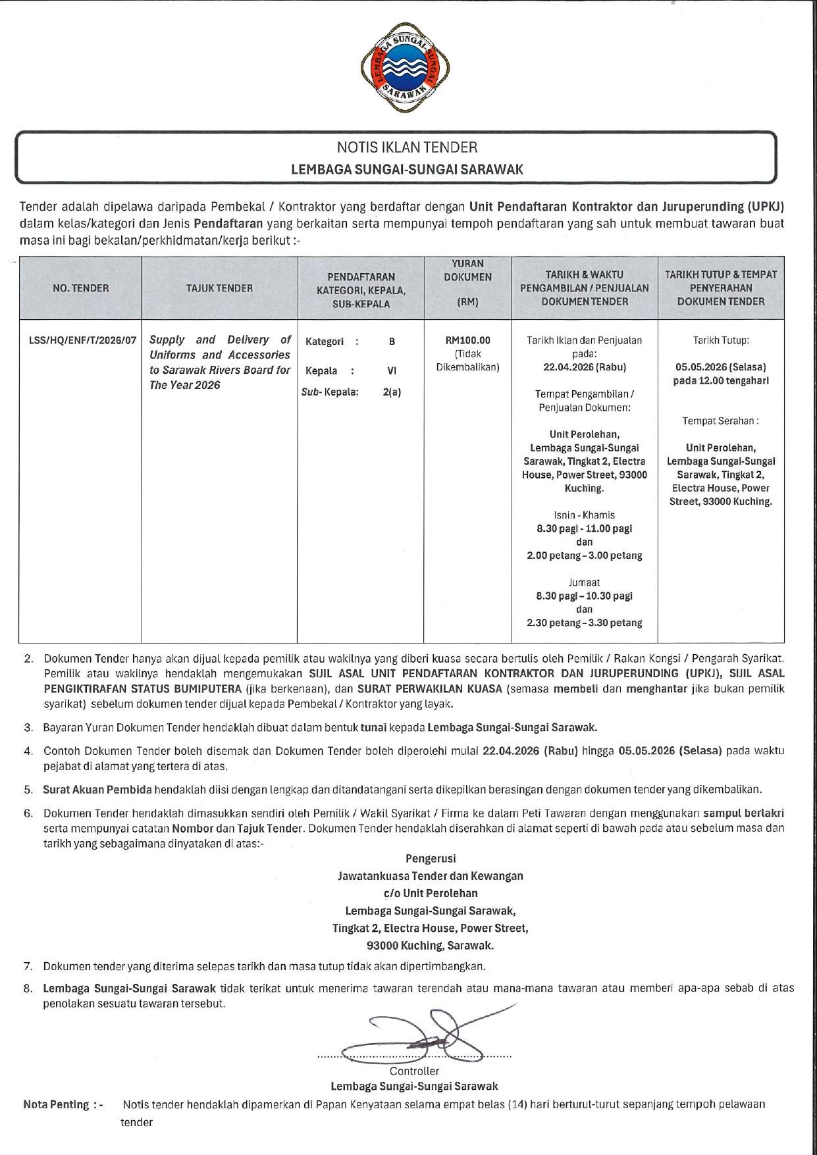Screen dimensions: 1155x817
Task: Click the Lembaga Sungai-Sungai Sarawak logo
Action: [x=406, y=69]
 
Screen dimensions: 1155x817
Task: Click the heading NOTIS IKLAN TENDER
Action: [x=407, y=147]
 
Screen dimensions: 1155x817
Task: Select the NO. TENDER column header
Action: [x=80, y=288]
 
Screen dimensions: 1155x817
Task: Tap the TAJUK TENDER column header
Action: [x=219, y=288]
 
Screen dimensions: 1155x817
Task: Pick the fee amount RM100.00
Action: [x=467, y=341]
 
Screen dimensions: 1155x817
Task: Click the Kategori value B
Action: [x=392, y=342]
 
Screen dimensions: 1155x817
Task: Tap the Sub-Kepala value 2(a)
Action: [x=392, y=392]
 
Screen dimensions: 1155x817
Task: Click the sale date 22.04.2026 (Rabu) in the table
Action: [x=584, y=367]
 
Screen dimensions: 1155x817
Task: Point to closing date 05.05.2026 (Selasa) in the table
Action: [x=721, y=367]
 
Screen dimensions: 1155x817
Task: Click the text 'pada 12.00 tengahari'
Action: [x=721, y=380]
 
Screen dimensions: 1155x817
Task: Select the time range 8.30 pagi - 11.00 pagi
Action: [x=584, y=528]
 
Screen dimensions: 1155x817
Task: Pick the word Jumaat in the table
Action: [x=584, y=582]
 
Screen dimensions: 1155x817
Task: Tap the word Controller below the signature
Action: [x=414, y=1071]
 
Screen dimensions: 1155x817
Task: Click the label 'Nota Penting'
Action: [x=63, y=1104]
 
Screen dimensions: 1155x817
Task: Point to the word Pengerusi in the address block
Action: [x=431, y=859]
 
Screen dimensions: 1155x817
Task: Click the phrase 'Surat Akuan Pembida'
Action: [x=97, y=789]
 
